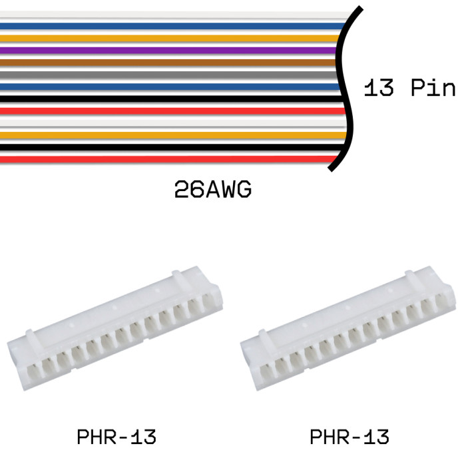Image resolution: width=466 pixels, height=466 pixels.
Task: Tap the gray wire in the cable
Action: click(x=169, y=75)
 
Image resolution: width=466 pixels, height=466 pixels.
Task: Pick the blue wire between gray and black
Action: click(x=170, y=87)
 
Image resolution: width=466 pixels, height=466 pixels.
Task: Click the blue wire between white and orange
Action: click(x=172, y=26)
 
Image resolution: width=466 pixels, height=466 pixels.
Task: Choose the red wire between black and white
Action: click(x=173, y=111)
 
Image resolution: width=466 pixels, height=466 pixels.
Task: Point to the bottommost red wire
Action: click(x=169, y=160)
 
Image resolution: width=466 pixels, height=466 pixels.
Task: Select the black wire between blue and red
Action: click(x=172, y=99)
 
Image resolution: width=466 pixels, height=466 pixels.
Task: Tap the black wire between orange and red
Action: click(x=172, y=147)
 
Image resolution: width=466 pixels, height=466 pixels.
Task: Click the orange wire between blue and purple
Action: click(x=170, y=38)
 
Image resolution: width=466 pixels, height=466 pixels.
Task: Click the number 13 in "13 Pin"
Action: click(x=379, y=87)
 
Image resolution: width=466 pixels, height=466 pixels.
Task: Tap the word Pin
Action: click(x=433, y=87)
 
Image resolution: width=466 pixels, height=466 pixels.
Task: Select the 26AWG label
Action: click(x=213, y=189)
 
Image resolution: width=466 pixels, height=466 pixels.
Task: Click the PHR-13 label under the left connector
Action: click(x=116, y=437)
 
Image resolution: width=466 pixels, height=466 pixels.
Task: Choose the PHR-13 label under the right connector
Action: click(x=349, y=437)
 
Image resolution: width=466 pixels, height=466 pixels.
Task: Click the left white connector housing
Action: click(x=115, y=328)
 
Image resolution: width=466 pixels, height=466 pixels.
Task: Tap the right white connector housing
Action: click(x=348, y=328)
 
